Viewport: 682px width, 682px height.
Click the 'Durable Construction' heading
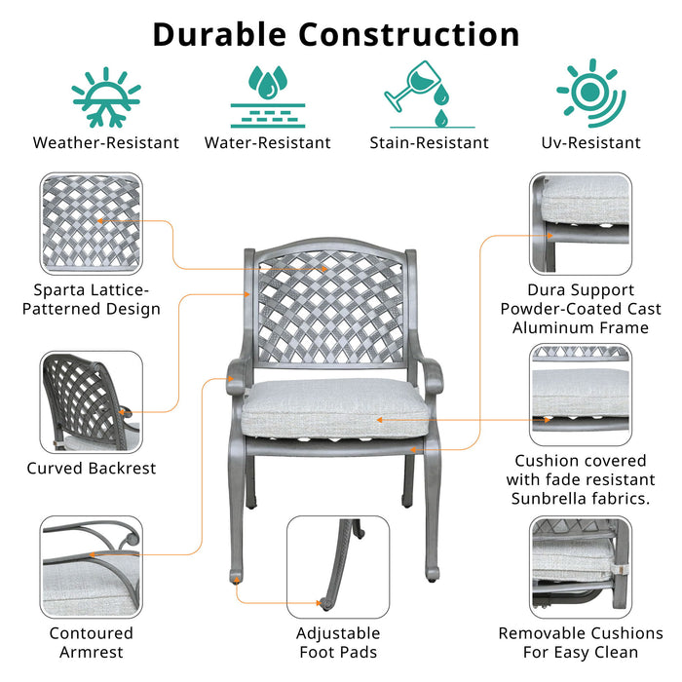pos(336,34)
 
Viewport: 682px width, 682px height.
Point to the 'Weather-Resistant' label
pos(106,143)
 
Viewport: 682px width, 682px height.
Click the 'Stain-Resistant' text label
pos(429,143)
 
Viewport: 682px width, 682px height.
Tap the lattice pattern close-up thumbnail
pos(91,223)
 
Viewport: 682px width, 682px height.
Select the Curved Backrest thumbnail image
pos(91,400)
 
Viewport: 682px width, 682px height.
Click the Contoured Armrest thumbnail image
pos(91,565)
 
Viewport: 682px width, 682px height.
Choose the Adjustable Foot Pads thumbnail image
pos(337,565)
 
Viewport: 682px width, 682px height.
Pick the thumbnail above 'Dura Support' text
pos(581,223)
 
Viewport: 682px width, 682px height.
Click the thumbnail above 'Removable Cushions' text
pos(581,565)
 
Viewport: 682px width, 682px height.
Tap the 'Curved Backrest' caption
pos(91,469)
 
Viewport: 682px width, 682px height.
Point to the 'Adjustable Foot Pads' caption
pos(337,643)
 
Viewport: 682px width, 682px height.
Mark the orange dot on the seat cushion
pos(379,420)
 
